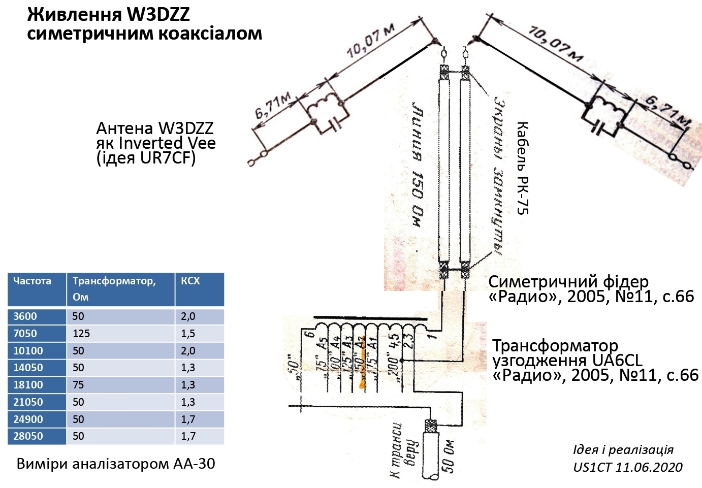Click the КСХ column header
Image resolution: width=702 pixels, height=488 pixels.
[x=190, y=281]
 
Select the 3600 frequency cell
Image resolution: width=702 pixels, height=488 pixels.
[x=25, y=316]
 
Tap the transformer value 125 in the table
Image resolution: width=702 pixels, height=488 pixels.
[x=81, y=334]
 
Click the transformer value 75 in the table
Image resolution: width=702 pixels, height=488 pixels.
[x=78, y=385]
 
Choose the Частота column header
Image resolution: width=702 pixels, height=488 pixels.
[x=32, y=281]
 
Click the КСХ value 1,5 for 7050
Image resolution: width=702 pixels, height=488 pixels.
[x=188, y=334]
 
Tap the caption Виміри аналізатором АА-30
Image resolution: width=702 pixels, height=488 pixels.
[x=116, y=464]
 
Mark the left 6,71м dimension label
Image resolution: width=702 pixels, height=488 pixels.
[x=273, y=105]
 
